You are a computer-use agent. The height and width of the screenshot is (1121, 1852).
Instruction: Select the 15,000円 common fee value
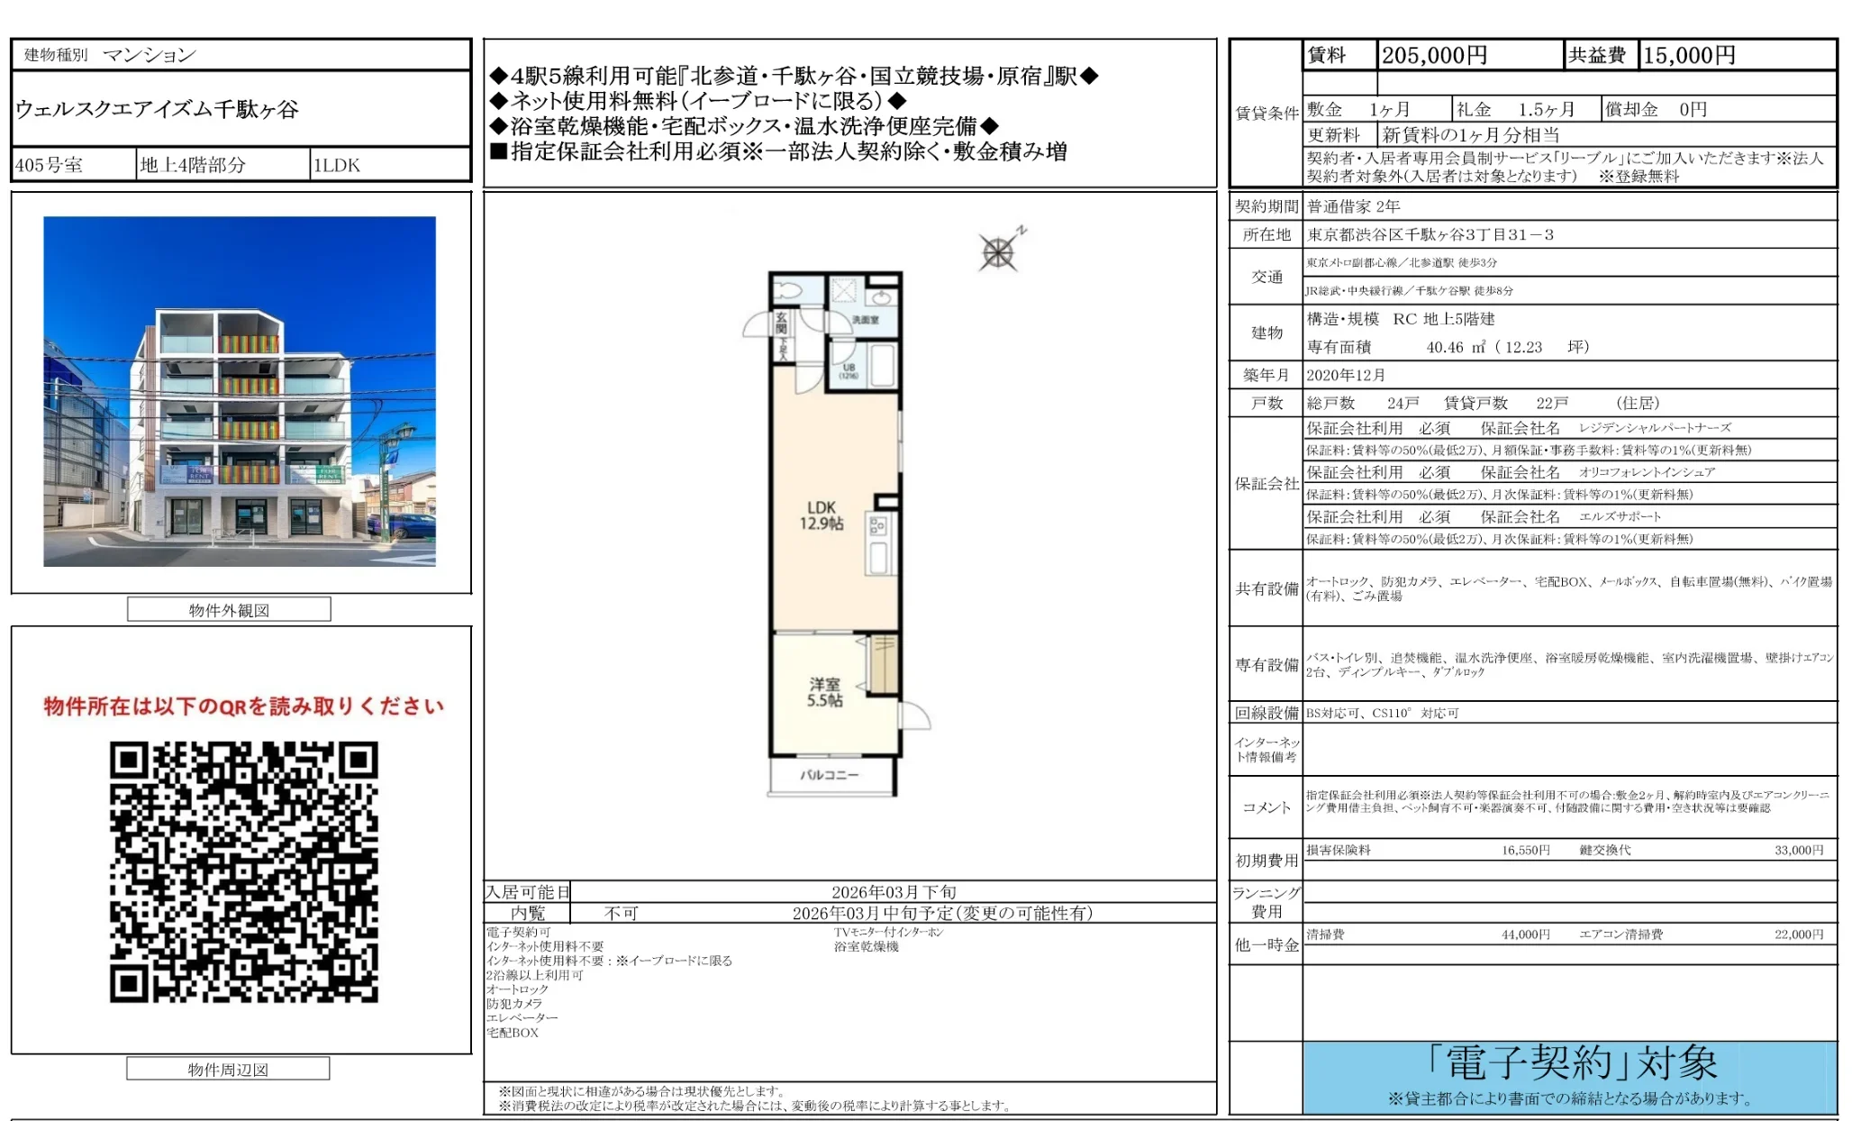point(1689,56)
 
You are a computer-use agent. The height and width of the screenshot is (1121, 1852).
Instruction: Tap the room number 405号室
point(50,165)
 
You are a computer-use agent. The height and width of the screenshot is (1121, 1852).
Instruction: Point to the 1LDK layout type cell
point(337,165)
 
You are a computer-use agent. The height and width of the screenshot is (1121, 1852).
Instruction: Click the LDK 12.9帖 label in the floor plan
point(822,515)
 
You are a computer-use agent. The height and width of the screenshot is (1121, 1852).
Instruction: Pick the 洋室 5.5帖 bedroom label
point(824,692)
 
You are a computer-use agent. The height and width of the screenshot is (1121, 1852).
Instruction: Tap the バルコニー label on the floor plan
point(830,775)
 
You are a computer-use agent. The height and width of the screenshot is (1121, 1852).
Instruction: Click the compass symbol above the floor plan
point(998,252)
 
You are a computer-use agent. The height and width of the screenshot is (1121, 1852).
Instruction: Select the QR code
point(243,871)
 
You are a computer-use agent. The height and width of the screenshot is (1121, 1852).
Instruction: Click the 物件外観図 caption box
point(229,610)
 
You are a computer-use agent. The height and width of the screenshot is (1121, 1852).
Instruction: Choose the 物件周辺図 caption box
point(228,1070)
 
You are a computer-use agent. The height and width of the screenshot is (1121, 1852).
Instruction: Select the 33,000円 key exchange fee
point(1798,850)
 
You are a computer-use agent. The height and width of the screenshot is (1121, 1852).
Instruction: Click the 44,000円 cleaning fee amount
point(1525,934)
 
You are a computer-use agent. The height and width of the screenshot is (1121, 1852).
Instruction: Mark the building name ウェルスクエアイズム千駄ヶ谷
point(157,110)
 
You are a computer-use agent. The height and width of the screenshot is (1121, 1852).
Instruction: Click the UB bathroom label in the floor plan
point(849,369)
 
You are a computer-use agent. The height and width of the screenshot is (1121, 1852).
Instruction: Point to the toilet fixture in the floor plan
point(789,291)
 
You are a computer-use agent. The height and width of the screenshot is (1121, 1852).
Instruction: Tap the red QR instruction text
point(243,706)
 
